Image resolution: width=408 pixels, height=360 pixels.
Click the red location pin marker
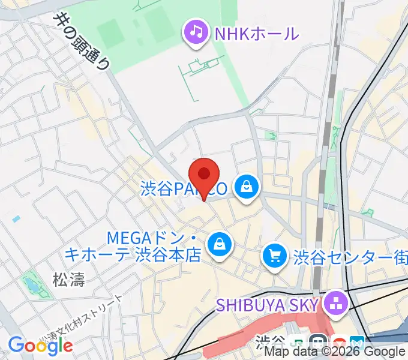pyautogui.click(x=205, y=175)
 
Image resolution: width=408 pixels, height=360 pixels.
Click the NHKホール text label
pyautogui.click(x=256, y=32)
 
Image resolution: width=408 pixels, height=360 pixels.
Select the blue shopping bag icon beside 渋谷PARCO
pyautogui.click(x=247, y=188)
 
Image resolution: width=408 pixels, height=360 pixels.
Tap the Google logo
pyautogui.click(x=40, y=345)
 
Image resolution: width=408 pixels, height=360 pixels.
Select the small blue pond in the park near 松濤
pyautogui.click(x=29, y=286)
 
